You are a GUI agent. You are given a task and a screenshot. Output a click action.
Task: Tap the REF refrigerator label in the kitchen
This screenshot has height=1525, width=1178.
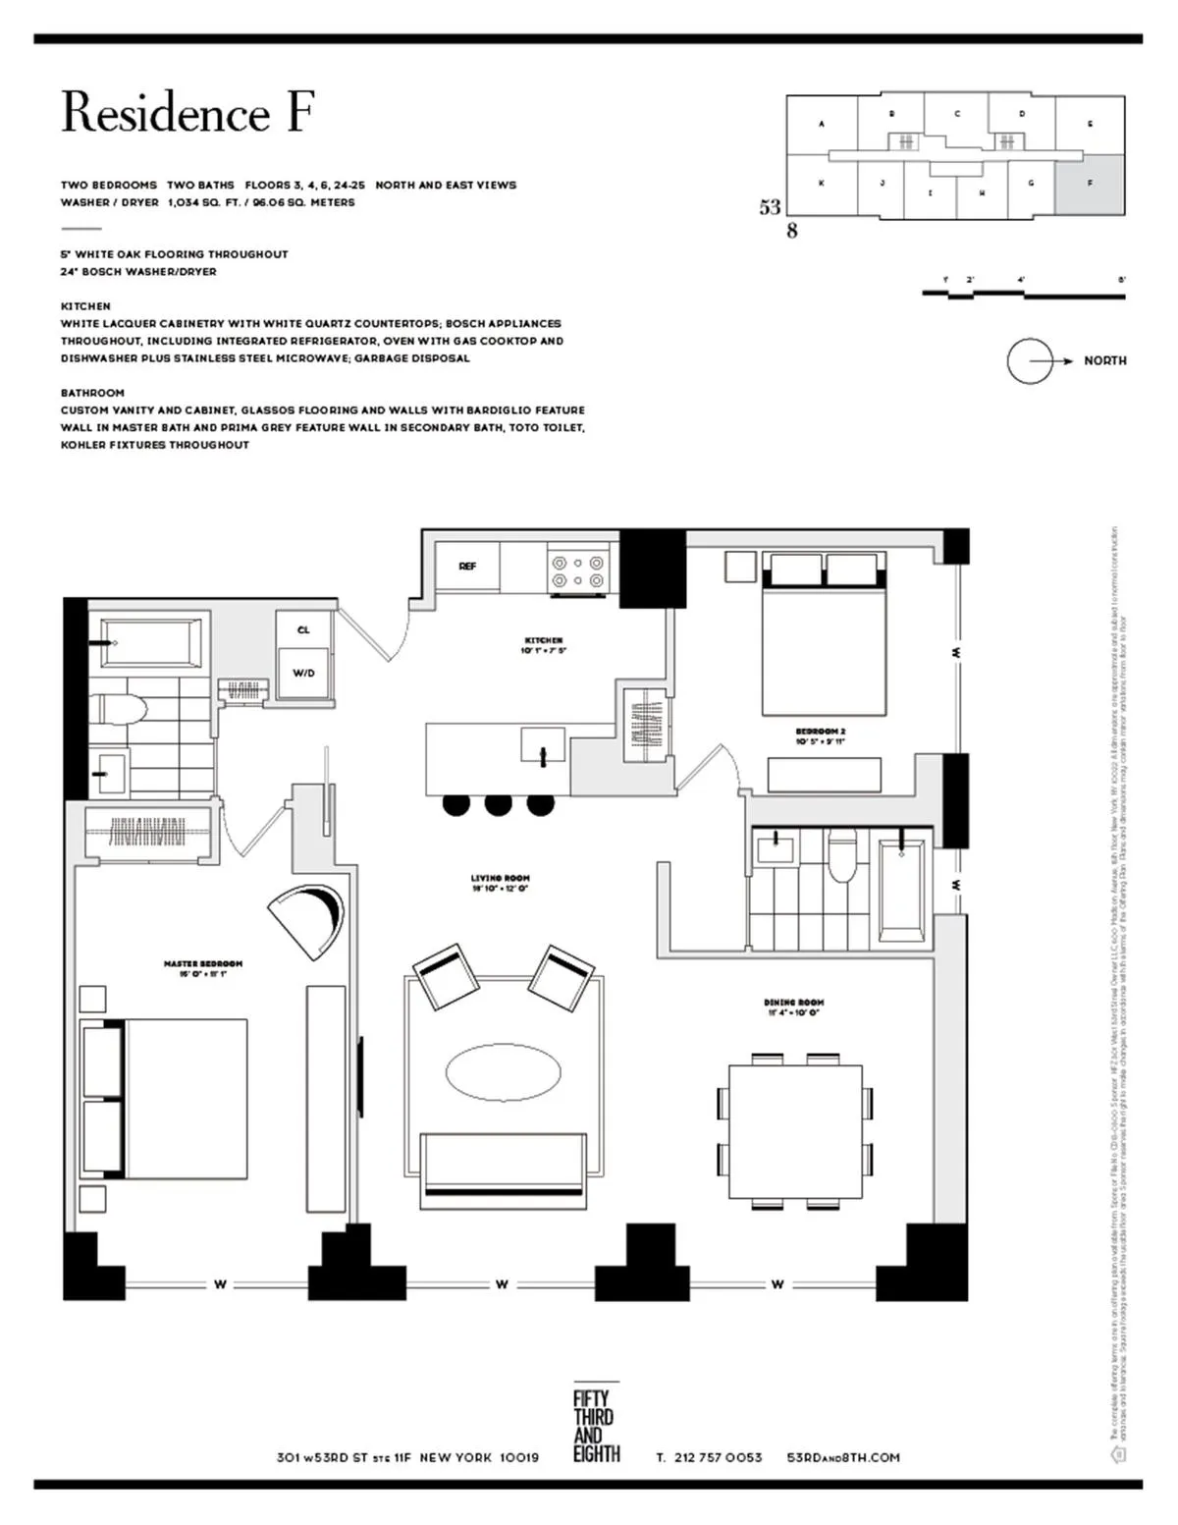tap(467, 567)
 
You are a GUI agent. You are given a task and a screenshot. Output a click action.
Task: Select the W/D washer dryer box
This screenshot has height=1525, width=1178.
tap(303, 673)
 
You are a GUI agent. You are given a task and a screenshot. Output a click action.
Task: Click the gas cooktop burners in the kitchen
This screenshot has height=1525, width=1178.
tap(578, 572)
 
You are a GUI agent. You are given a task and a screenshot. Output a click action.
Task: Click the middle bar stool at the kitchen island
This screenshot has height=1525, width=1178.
tap(499, 804)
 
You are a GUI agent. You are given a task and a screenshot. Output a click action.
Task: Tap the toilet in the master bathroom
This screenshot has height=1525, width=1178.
tap(122, 709)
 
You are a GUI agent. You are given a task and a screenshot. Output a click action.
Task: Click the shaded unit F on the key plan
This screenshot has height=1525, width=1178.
tap(1090, 185)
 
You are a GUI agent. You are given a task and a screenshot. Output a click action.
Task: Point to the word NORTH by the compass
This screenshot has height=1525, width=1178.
tap(1104, 360)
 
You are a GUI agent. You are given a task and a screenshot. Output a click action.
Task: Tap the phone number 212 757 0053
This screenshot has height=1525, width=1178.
tap(718, 1457)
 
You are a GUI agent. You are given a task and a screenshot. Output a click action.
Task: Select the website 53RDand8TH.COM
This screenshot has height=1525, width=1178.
tap(843, 1457)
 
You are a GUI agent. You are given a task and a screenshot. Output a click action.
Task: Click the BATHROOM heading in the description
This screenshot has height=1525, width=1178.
tap(92, 393)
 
